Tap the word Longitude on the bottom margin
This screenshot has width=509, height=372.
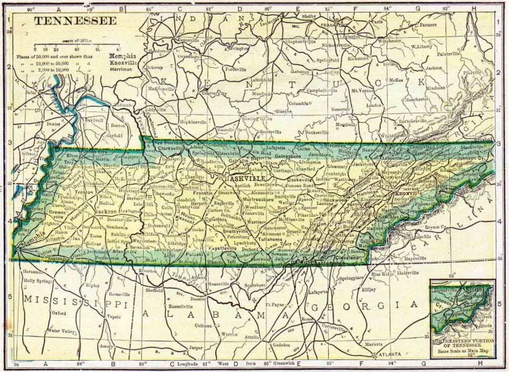(x=203, y=364)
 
